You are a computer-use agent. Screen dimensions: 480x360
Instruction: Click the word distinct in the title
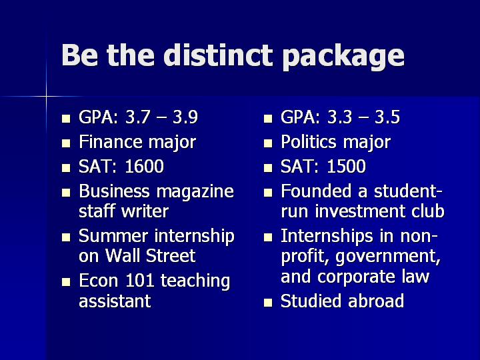click(217, 55)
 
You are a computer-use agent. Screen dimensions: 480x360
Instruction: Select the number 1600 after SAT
click(145, 166)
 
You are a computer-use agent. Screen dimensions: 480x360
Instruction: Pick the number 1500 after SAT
click(346, 166)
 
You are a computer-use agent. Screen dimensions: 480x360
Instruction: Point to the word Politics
click(309, 142)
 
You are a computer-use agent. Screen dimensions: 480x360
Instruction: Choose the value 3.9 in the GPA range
click(185, 117)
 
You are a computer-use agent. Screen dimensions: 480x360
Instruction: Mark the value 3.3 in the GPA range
click(339, 117)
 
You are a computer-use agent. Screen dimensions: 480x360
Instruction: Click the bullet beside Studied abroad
click(268, 303)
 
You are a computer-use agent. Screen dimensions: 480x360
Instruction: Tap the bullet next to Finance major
click(66, 143)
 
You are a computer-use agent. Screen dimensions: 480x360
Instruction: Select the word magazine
click(195, 192)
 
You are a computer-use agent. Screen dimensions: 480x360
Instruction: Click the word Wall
click(123, 255)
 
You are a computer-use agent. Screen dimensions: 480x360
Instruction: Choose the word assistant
click(115, 301)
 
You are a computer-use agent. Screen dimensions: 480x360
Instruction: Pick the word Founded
click(316, 191)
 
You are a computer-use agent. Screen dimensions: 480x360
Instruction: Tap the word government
click(388, 257)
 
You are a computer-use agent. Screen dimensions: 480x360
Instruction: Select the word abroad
click(376, 301)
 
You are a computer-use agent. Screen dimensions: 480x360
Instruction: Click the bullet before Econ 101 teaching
click(66, 282)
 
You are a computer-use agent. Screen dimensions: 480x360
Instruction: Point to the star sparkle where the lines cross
click(46, 97)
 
